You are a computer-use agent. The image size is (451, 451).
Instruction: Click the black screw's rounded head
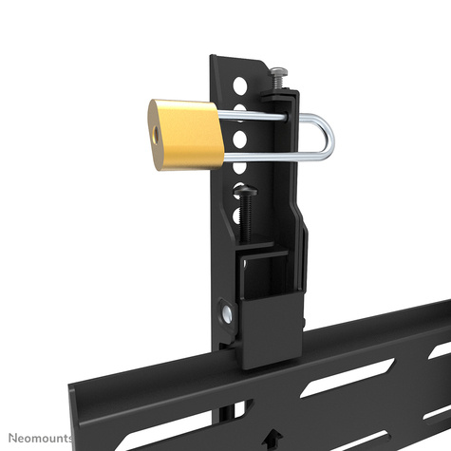(x=250, y=193)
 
